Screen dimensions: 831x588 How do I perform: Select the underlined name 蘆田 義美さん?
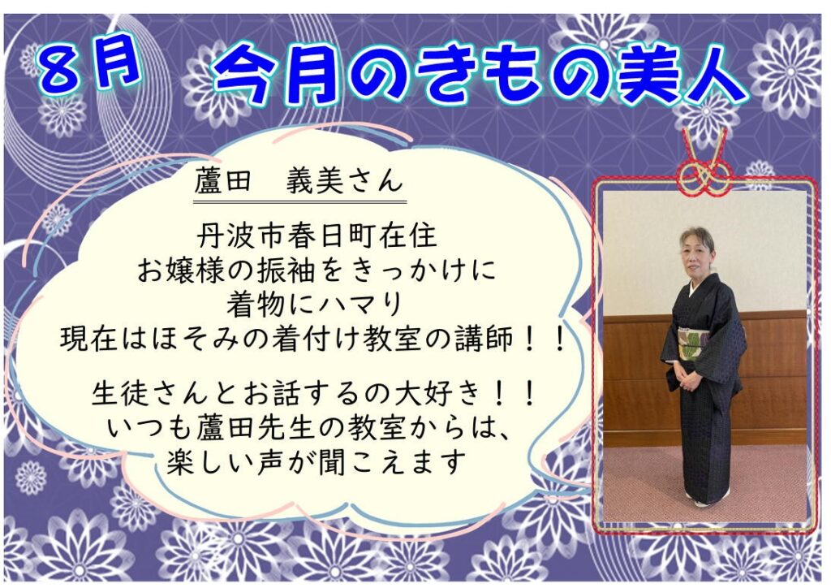tap(299, 182)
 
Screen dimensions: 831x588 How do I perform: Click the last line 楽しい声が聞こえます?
tap(316, 462)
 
